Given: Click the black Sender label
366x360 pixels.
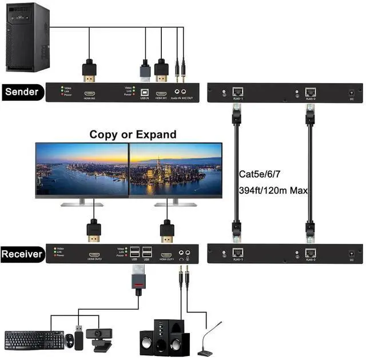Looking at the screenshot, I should click(21, 92).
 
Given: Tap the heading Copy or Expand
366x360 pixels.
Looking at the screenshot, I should click(133, 134).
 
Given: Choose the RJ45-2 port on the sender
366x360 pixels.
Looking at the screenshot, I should click(311, 91).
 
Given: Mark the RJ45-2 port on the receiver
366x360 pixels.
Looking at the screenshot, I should click(311, 252).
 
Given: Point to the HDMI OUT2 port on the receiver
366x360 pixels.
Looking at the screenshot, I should click(94, 255).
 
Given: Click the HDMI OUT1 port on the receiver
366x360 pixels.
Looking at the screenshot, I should click(166, 255).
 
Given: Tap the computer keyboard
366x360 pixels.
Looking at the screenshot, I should click(34, 339).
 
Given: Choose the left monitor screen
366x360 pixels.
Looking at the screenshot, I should click(82, 169).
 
